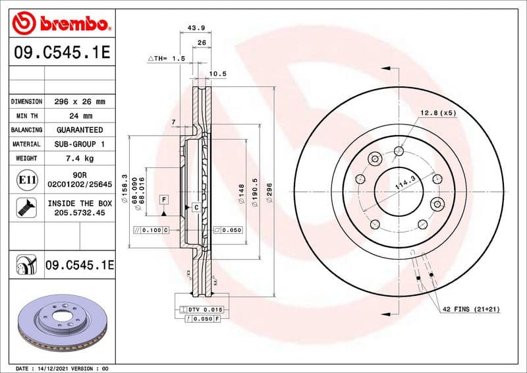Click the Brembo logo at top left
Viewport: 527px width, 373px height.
(x=61, y=24)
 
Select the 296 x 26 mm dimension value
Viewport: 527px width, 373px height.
(x=79, y=102)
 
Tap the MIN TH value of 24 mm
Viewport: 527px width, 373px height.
(x=79, y=116)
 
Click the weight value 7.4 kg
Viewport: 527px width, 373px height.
(x=79, y=158)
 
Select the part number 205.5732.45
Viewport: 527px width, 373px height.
(x=79, y=214)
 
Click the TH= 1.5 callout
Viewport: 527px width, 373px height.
(x=166, y=59)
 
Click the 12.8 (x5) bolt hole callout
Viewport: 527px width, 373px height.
(x=437, y=113)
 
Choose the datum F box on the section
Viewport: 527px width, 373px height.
(x=163, y=198)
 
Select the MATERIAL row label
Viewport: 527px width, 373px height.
(x=27, y=144)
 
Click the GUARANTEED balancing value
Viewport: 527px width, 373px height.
(x=79, y=130)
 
